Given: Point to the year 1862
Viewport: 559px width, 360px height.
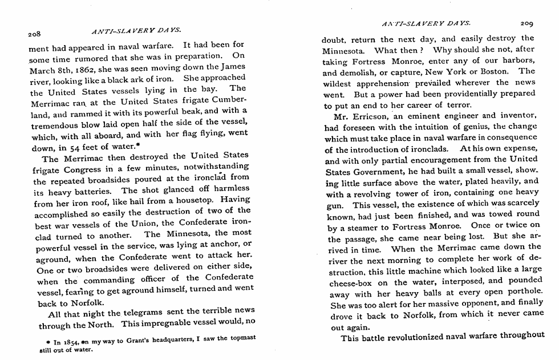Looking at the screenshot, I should (81, 67).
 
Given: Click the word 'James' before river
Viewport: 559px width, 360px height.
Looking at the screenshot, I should (233, 67).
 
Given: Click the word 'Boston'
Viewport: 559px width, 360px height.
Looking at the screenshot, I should (492, 71).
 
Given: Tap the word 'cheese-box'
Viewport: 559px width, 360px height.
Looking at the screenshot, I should (353, 283).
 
